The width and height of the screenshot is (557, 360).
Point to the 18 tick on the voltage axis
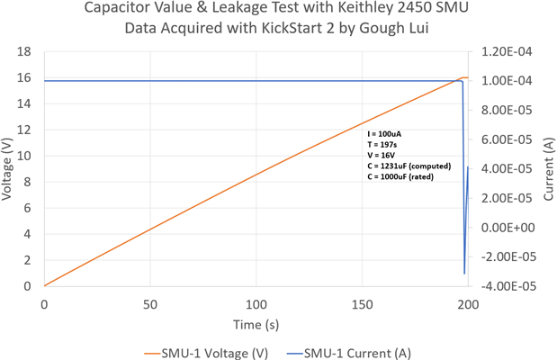(25, 52)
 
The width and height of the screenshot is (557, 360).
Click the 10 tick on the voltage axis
(25, 156)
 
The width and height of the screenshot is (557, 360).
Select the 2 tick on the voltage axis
(30, 260)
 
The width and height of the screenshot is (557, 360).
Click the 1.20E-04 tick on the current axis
(508, 52)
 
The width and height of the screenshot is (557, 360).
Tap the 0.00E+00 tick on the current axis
(508, 228)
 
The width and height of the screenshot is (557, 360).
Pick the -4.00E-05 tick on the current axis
(508, 286)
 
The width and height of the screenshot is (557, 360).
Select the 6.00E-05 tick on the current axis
(508, 139)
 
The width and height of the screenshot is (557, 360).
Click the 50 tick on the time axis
(149, 304)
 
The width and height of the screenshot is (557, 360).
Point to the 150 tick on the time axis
(362, 304)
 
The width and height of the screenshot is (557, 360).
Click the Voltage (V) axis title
(9, 169)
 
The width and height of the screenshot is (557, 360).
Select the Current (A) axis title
(547, 169)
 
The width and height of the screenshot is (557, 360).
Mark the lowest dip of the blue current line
(464, 274)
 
